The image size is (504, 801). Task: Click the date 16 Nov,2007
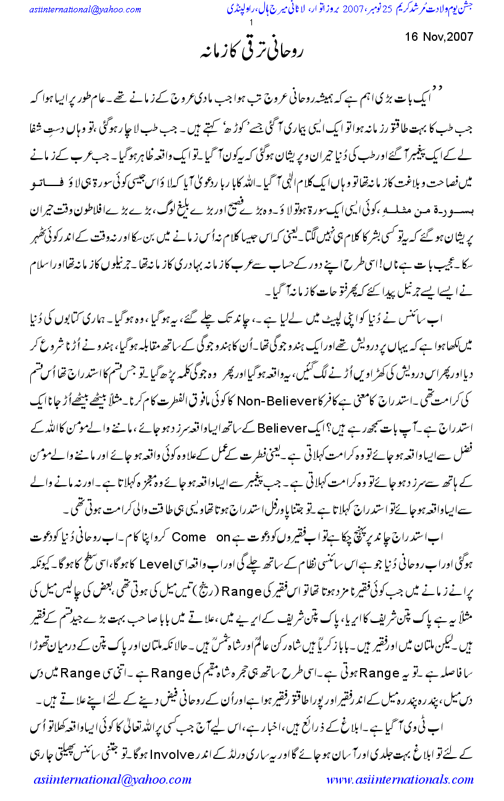(439, 36)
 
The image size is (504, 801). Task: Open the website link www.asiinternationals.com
(395, 779)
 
